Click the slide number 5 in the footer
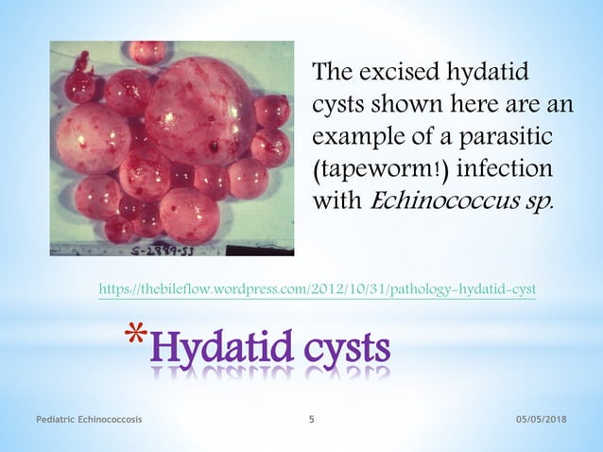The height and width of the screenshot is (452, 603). (x=313, y=419)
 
